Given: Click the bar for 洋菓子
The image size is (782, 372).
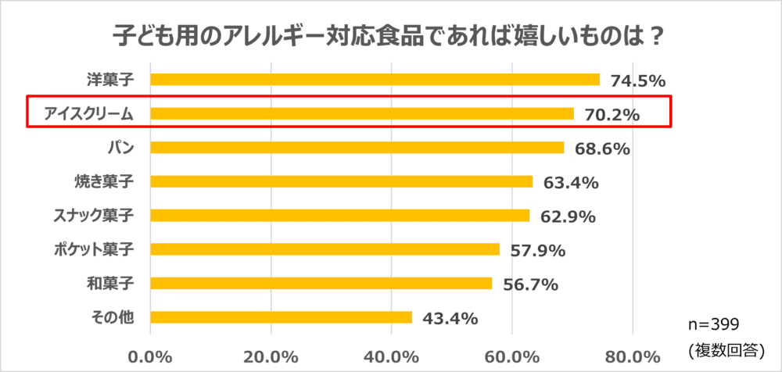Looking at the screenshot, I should pos(375,79).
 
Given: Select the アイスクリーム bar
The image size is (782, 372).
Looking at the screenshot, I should pos(361,113).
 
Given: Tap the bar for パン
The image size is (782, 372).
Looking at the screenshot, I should pos(357,147).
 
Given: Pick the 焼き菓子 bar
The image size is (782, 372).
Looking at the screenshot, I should pos(341,181).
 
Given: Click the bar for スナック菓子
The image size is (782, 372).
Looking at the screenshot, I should pos(339,215).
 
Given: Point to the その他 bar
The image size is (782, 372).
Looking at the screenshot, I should pos(281,317).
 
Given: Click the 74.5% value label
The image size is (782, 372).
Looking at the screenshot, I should pos(637,80).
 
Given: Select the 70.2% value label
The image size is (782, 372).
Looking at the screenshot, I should pos(612,114).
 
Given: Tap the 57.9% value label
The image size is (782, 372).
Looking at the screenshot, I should pos(536,250).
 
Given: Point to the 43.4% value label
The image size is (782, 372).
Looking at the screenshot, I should pos(450,318).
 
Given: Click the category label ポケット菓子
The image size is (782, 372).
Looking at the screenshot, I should pos(94,249).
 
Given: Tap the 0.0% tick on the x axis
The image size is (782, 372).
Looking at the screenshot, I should pos(150,356).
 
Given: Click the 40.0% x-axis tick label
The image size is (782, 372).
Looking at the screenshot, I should pos(391,356).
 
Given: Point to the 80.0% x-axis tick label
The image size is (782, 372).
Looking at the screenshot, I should pos(632,356).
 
